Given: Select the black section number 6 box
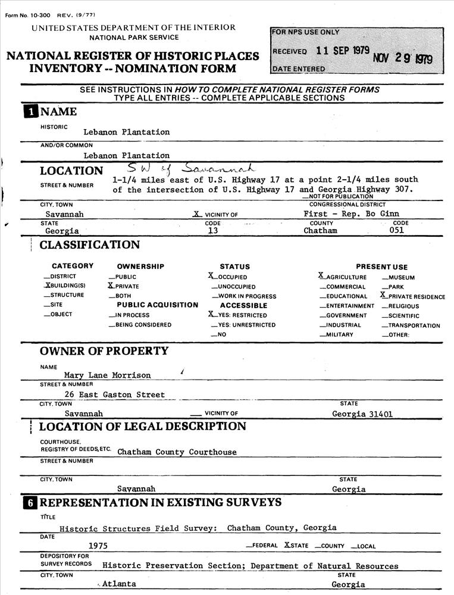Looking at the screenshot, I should click(x=29, y=503).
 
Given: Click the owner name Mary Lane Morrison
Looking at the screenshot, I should click(x=107, y=375).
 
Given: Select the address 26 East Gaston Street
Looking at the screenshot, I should click(x=114, y=394).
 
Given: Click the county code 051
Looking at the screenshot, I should click(x=396, y=231).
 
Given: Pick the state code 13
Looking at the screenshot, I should click(x=212, y=231).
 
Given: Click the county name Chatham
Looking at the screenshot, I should click(x=320, y=231).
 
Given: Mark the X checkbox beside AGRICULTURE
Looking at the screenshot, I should click(x=322, y=276).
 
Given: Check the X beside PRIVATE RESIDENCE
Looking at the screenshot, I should click(x=383, y=295).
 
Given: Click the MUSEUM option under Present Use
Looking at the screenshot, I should click(x=402, y=277).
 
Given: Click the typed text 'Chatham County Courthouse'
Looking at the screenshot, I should click(x=177, y=452).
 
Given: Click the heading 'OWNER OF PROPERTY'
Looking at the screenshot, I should click(x=104, y=351).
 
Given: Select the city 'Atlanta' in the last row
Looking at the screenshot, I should click(x=119, y=584).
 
